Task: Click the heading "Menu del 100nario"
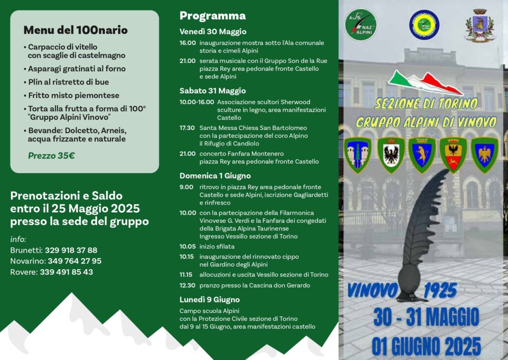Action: pyautogui.click(x=75, y=30)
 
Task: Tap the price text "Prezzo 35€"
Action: pyautogui.click(x=52, y=155)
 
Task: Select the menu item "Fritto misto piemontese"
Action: pyautogui.click(x=73, y=95)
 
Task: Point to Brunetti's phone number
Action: pyautogui.click(x=71, y=250)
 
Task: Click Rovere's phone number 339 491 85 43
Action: pyautogui.click(x=66, y=272)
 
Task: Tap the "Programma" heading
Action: pyautogui.click(x=212, y=16)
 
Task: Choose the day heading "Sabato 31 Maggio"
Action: pyautogui.click(x=212, y=91)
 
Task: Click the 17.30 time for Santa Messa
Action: pyautogui.click(x=187, y=128)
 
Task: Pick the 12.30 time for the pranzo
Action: pyautogui.click(x=187, y=286)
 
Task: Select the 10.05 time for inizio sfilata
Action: pyautogui.click(x=187, y=246)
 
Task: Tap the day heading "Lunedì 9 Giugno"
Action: pyautogui.click(x=209, y=299)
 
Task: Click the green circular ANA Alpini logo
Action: pyautogui.click(x=361, y=25)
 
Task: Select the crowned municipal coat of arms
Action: pyautogui.click(x=479, y=24)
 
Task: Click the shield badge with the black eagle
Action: pyautogui.click(x=391, y=154)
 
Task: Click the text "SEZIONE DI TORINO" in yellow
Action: pyautogui.click(x=426, y=104)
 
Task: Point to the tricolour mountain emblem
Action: pyautogui.click(x=425, y=82)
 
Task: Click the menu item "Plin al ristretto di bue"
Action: pyautogui.click(x=68, y=82)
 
